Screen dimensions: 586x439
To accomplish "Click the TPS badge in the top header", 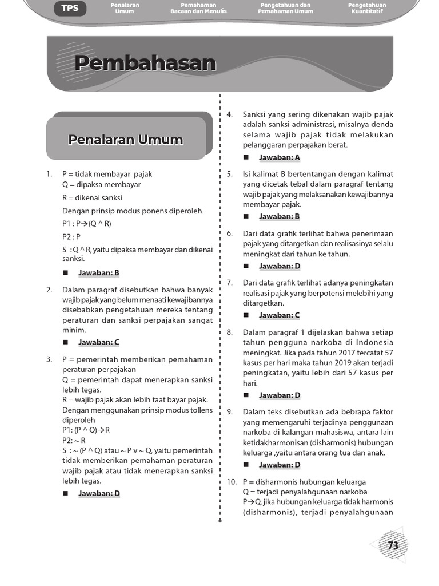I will [x=70, y=9].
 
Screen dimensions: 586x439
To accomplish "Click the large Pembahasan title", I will [x=145, y=64].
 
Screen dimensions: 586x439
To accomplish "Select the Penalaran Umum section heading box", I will [x=126, y=140].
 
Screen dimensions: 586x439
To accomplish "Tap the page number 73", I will [x=393, y=546].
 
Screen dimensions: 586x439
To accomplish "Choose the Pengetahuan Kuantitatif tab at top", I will [x=367, y=8].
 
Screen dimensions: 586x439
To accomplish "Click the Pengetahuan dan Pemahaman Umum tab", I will [x=285, y=8].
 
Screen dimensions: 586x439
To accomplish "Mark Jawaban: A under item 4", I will [x=279, y=157].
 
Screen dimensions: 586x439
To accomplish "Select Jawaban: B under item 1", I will [x=98, y=273].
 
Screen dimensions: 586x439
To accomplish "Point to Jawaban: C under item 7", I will [x=279, y=315].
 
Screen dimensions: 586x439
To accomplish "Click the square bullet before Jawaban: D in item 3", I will [x=65, y=493].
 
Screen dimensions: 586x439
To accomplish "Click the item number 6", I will [x=229, y=233].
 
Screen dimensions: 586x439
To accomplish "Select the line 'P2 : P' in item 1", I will [x=71, y=236].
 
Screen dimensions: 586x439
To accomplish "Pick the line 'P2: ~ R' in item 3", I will [x=74, y=441].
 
